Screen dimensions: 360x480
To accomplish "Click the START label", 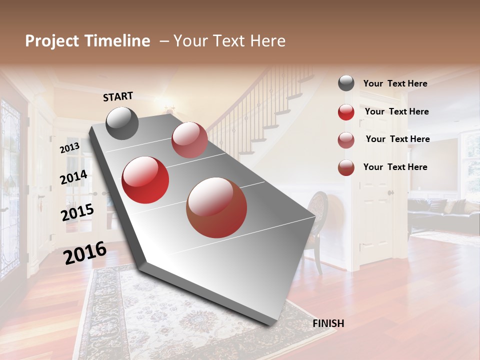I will coord(118,96).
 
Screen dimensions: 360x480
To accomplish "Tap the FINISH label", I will coord(328,323).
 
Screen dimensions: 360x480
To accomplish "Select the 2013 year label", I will coord(69,148).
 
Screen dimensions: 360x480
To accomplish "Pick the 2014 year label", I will coord(73,177).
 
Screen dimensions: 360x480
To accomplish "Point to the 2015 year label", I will coord(77,212).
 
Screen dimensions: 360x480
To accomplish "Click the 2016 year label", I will coord(85,253).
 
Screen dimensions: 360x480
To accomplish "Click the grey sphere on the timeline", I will coord(122,123).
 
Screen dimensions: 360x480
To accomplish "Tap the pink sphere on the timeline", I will coord(189,140).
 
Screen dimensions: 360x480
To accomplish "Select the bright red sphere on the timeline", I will coord(145,180).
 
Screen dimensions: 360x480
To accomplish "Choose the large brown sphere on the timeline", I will coord(216,207).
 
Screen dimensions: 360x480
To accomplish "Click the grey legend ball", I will coord(346,83).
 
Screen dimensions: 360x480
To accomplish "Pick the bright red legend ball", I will coord(346,112).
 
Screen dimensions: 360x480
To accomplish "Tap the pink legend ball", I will coord(346,140).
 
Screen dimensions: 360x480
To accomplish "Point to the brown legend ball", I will coord(346,167).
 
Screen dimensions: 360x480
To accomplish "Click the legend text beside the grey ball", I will coord(395,83).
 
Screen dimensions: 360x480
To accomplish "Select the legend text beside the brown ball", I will coord(395,167).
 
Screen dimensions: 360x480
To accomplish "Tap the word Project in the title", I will coord(51,41).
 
